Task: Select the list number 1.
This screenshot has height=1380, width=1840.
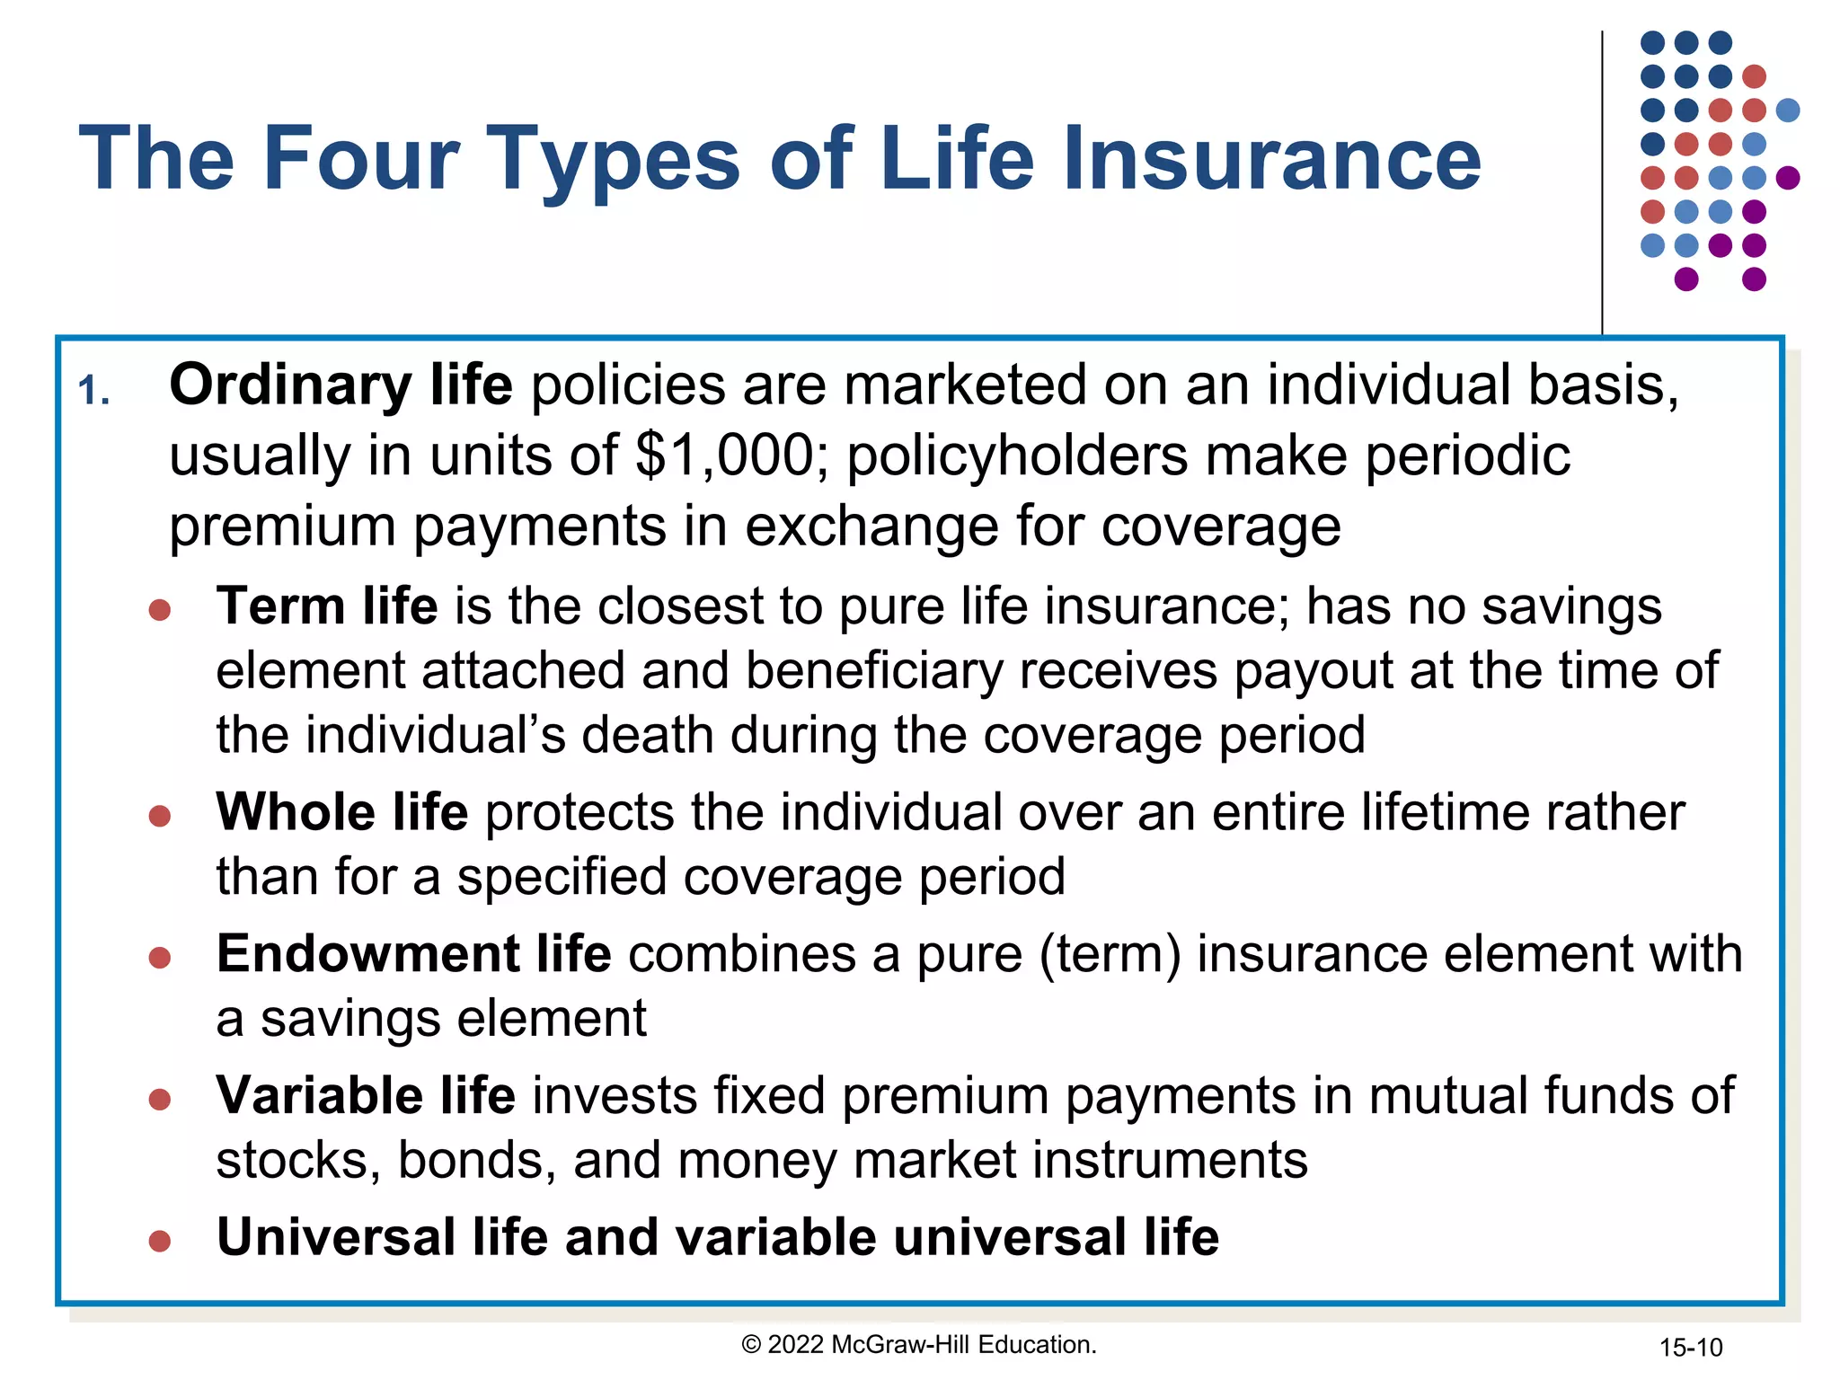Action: [93, 392]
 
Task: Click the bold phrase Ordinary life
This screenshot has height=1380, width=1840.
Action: [341, 385]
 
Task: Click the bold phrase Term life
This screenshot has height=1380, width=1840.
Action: [327, 606]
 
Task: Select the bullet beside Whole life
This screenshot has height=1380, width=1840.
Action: [160, 816]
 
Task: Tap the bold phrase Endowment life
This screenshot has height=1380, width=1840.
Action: [413, 953]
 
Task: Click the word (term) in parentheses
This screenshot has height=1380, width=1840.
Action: [1110, 953]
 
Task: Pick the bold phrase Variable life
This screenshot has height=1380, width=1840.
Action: [366, 1095]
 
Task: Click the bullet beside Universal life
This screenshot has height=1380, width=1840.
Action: [160, 1242]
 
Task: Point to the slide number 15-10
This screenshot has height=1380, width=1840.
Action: [1690, 1348]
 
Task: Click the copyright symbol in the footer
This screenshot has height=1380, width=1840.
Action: [751, 1345]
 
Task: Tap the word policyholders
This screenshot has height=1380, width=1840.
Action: [1017, 455]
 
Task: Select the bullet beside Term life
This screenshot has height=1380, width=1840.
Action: [160, 611]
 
